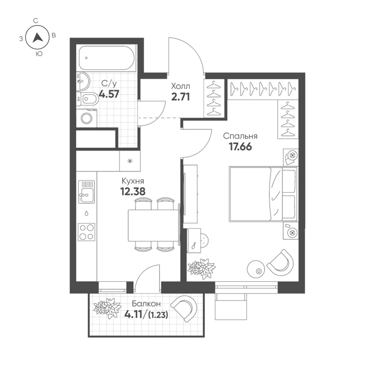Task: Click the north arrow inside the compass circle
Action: pyautogui.click(x=37, y=38)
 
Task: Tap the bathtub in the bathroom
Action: pyautogui.click(x=107, y=58)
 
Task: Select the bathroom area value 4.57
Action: pyautogui.click(x=109, y=94)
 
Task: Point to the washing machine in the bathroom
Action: pyautogui.click(x=87, y=118)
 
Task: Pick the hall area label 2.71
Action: pyautogui.click(x=181, y=97)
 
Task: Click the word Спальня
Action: pyautogui.click(x=240, y=136)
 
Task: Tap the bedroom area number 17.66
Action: pyautogui.click(x=241, y=147)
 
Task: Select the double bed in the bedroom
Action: pyautogui.click(x=263, y=194)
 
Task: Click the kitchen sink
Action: pyautogui.click(x=87, y=192)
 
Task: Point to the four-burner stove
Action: pyautogui.click(x=87, y=232)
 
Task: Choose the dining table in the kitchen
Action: pyautogui.click(x=154, y=226)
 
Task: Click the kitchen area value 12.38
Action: pyautogui.click(x=133, y=191)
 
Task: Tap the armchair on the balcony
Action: pyautogui.click(x=184, y=308)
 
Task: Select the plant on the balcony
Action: pyautogui.click(x=107, y=309)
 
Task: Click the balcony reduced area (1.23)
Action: pyautogui.click(x=158, y=315)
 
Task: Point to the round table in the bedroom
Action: pyautogui.click(x=256, y=269)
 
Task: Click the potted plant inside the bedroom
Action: pyautogui.click(x=201, y=268)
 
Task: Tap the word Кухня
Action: pyautogui.click(x=133, y=181)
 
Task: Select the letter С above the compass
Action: pyautogui.click(x=36, y=21)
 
